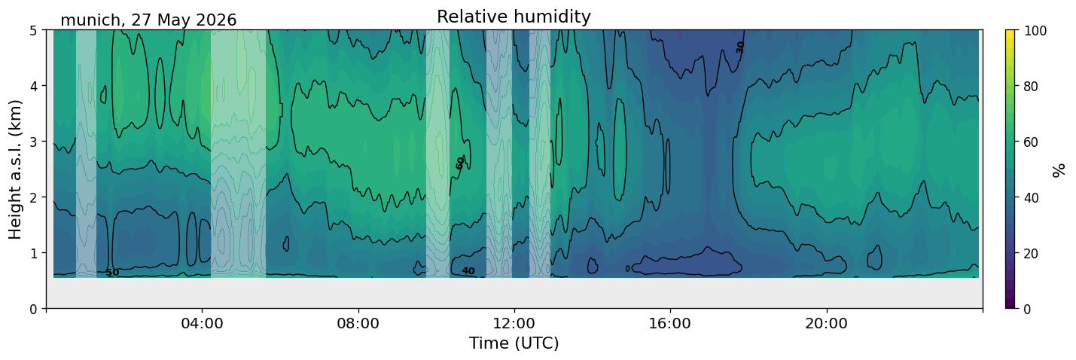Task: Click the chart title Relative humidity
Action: [514, 17]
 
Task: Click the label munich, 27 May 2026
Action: [148, 20]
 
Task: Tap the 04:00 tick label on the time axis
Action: [203, 323]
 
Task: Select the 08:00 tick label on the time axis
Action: [358, 323]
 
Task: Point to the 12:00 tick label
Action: [514, 323]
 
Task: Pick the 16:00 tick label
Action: [670, 323]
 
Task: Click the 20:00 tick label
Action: [826, 323]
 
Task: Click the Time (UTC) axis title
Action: [514, 343]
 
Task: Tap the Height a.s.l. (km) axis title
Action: [15, 169]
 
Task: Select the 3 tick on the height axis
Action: [34, 142]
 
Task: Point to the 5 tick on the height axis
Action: [34, 30]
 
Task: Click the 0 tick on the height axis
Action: [34, 309]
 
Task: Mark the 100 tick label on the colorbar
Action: [1035, 31]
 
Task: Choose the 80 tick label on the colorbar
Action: [1032, 87]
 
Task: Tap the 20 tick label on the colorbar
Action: [1032, 254]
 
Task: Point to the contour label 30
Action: [740, 47]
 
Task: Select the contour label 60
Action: [460, 163]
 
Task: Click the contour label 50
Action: [112, 273]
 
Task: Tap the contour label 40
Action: [468, 271]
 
